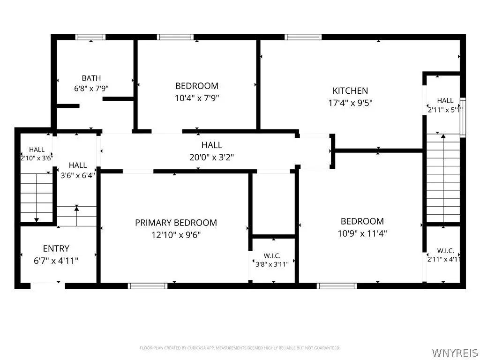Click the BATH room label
tap(91, 78)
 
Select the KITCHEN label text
tap(350, 90)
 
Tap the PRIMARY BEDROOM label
tap(176, 223)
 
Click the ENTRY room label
tap(56, 248)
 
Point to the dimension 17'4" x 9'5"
tap(350, 103)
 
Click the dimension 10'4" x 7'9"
tap(197, 98)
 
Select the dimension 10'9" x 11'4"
tap(362, 233)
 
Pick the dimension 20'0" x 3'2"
tap(211, 157)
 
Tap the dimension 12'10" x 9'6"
tap(176, 235)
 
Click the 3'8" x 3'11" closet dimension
tap(272, 264)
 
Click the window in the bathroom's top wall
tap(90, 37)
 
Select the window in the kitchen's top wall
tap(303, 37)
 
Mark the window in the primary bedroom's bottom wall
tap(148, 286)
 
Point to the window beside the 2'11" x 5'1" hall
tap(463, 117)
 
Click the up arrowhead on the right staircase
tap(443, 136)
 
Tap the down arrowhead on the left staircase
tap(37, 220)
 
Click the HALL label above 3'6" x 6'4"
tap(78, 165)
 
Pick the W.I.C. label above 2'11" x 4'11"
tap(445, 251)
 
